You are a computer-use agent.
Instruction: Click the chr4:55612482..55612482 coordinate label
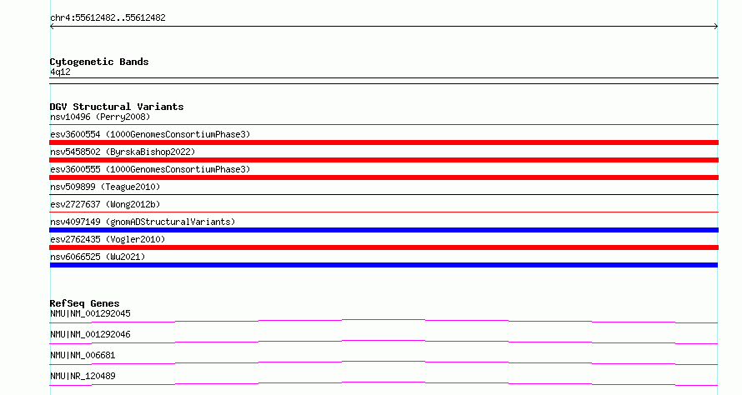(x=108, y=17)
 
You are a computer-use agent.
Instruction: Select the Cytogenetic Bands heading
(x=99, y=62)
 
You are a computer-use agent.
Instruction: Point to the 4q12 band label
(x=60, y=72)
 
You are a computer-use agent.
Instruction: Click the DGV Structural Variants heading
(x=117, y=107)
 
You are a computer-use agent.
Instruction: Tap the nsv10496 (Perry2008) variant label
(x=100, y=117)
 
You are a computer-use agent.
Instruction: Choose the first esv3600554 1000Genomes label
(x=150, y=134)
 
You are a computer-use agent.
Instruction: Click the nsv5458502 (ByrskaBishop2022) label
(x=123, y=152)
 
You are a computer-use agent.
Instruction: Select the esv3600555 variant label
(x=150, y=169)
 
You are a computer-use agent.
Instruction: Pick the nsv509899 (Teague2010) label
(x=105, y=187)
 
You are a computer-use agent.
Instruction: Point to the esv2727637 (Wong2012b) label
(x=105, y=204)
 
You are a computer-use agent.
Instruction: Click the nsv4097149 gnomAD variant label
(x=143, y=222)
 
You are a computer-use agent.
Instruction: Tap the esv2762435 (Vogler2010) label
(x=108, y=239)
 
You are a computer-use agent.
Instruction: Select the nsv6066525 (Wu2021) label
(x=98, y=257)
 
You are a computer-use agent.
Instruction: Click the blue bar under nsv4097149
(x=384, y=230)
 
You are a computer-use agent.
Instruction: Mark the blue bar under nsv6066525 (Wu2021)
(x=384, y=265)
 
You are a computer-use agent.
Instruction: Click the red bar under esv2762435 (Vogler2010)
(x=384, y=247)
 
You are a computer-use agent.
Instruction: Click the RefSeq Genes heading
(x=84, y=303)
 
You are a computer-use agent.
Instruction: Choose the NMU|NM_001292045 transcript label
(x=90, y=313)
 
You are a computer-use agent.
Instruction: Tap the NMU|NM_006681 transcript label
(x=83, y=355)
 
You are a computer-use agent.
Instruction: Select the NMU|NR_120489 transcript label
(x=83, y=376)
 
